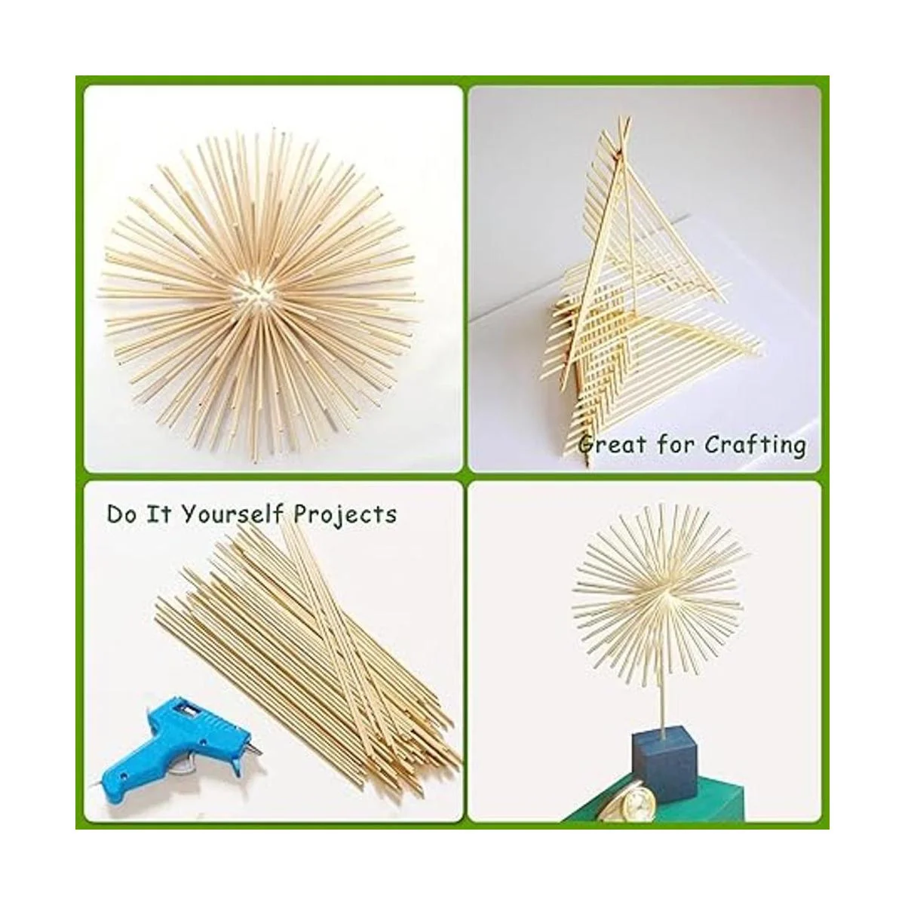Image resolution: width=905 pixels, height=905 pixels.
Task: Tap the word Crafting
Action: click(x=756, y=445)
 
